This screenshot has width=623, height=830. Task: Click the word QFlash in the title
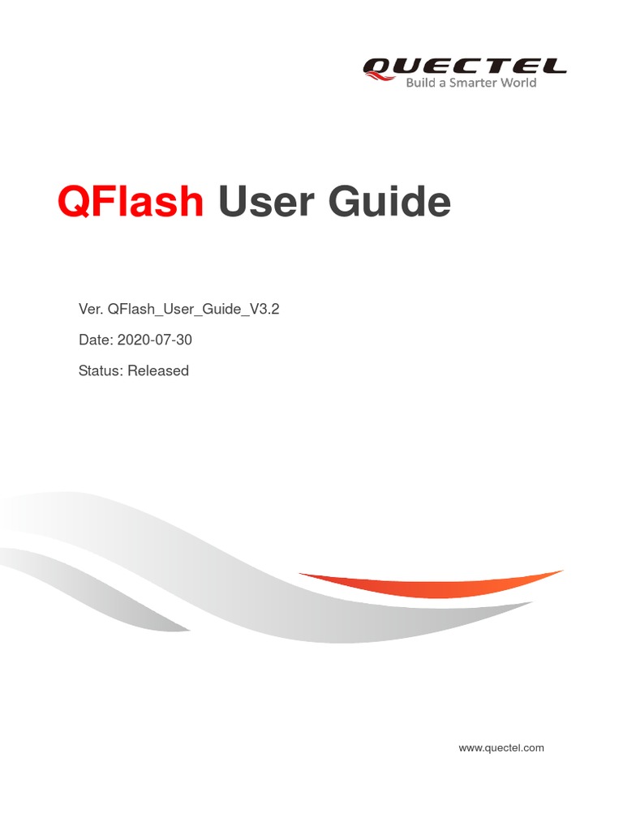pyautogui.click(x=131, y=201)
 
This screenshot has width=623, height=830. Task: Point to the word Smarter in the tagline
pyautogui.click(x=474, y=83)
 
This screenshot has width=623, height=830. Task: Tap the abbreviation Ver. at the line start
pyautogui.click(x=89, y=310)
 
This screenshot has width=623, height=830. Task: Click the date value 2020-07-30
pyautogui.click(x=155, y=340)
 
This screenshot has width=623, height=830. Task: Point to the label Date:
pyautogui.click(x=96, y=340)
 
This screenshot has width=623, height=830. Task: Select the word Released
pyautogui.click(x=158, y=370)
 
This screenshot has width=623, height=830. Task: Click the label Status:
pyautogui.click(x=101, y=370)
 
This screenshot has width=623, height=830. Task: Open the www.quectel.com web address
pyautogui.click(x=501, y=747)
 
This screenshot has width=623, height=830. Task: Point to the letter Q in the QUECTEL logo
pyautogui.click(x=379, y=66)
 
